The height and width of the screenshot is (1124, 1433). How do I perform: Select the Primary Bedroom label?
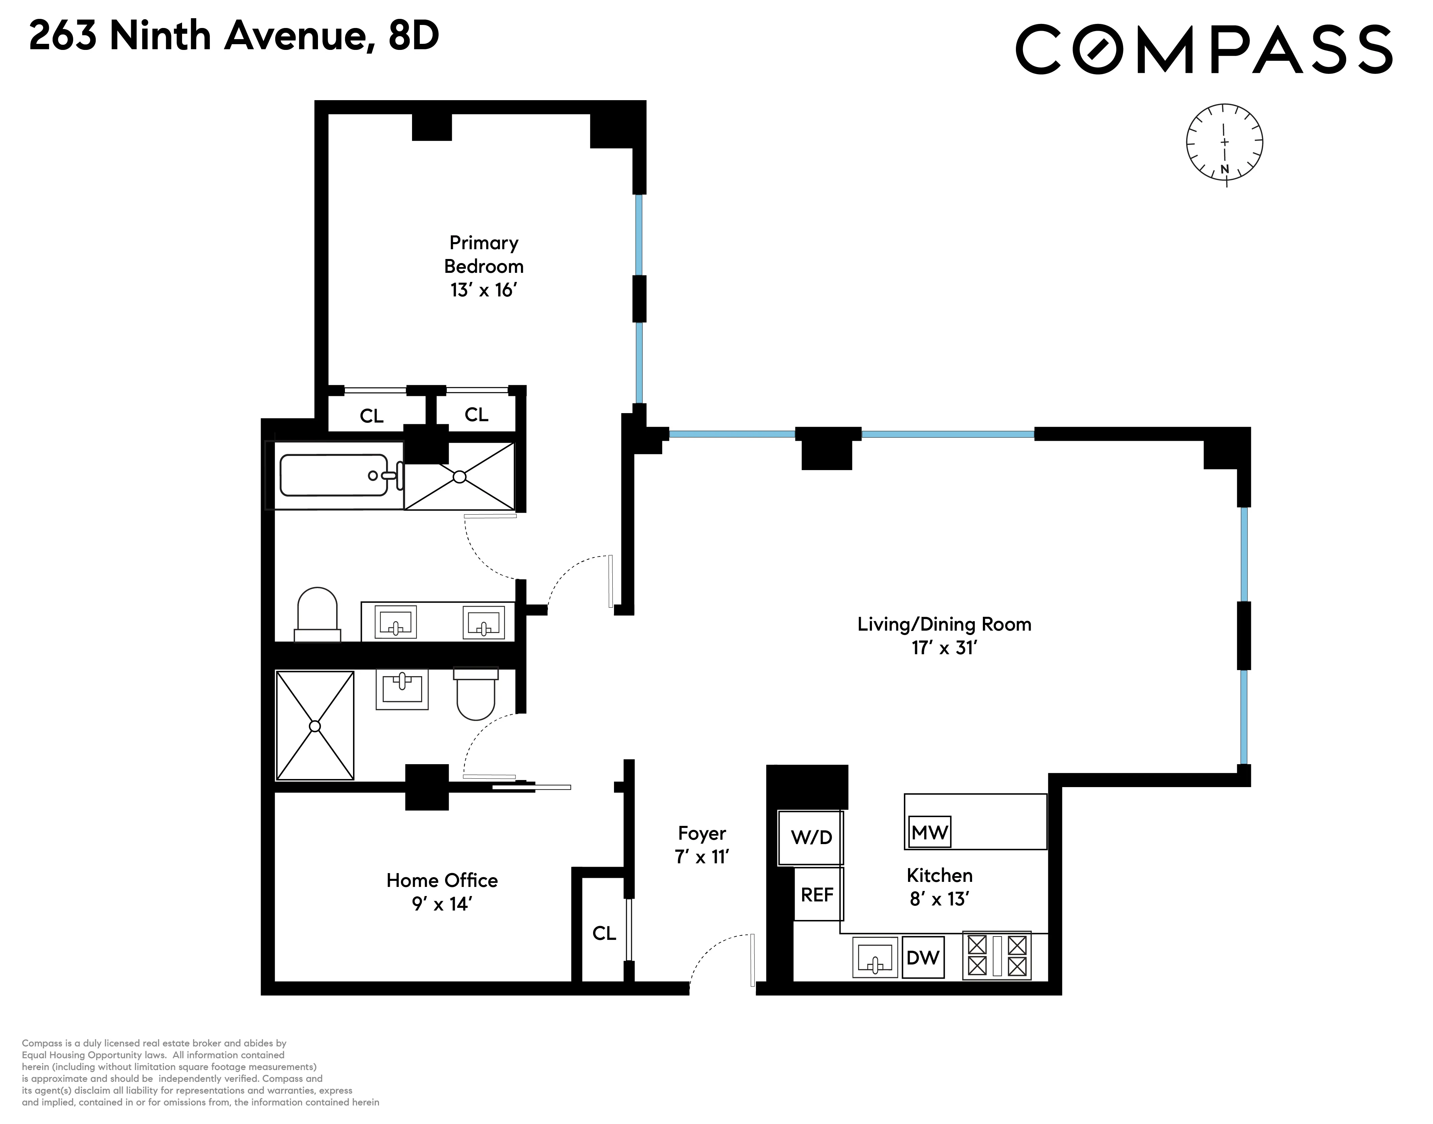click(x=484, y=266)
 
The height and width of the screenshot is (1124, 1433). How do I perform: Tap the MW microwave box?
click(x=929, y=833)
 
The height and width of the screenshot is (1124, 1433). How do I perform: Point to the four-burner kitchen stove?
click(x=997, y=955)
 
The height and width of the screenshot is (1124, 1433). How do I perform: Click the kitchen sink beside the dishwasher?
click(x=874, y=957)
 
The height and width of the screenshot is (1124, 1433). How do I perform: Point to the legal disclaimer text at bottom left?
click(x=201, y=1073)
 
